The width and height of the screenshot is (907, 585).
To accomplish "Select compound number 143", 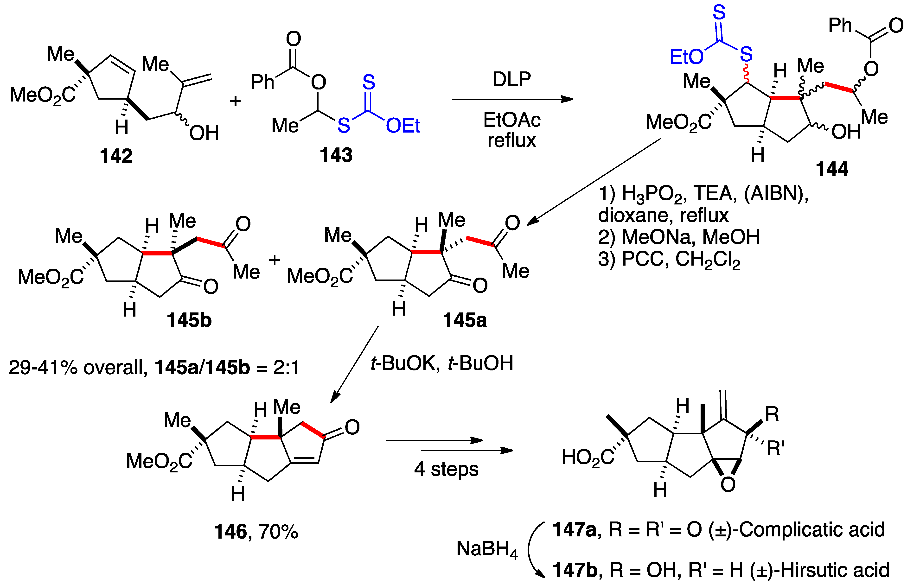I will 336,155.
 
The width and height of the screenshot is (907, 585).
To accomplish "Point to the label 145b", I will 189,320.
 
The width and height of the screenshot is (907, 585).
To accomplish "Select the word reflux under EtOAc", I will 512,140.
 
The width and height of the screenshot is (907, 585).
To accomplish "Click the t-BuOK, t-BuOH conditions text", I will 442,363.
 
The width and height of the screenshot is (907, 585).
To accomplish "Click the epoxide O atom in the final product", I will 728,484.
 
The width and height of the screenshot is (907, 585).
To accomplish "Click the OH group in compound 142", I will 204,133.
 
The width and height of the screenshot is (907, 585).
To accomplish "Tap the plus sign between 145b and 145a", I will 274,260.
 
